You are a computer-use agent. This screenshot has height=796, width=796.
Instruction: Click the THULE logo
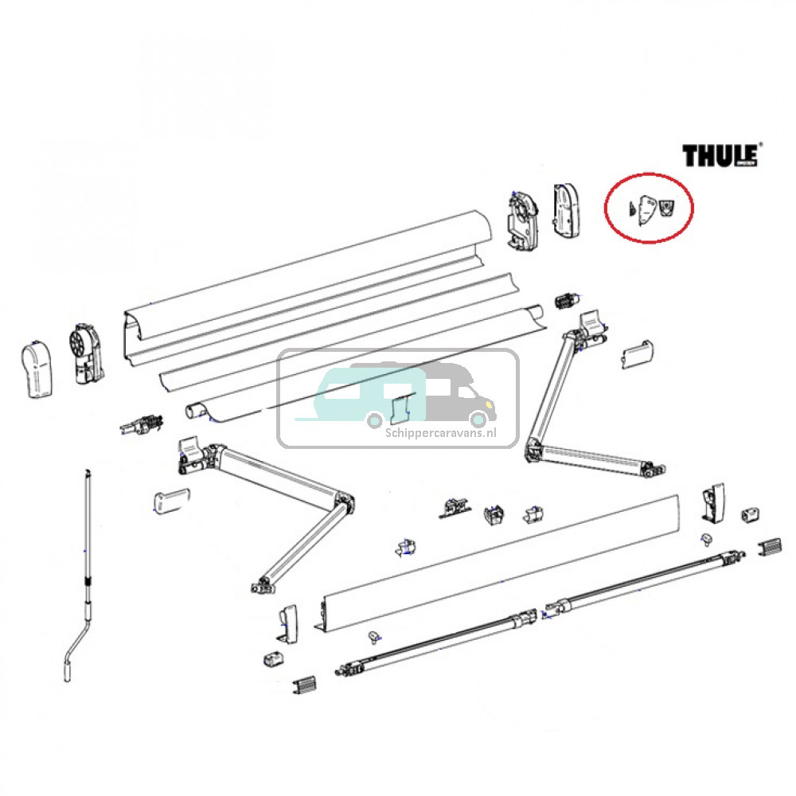719,155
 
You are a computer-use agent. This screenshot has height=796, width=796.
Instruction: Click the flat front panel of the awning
501,557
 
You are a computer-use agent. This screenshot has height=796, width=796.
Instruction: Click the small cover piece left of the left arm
170,502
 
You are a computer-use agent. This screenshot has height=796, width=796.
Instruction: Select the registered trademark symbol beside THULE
759,145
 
